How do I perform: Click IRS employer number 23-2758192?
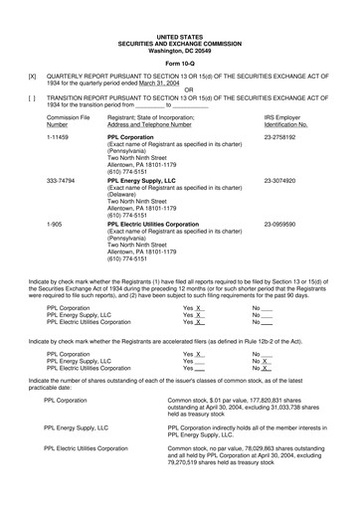(283, 140)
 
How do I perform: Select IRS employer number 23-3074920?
(283, 182)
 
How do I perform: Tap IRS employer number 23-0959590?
(283, 225)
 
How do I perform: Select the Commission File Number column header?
(65, 121)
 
